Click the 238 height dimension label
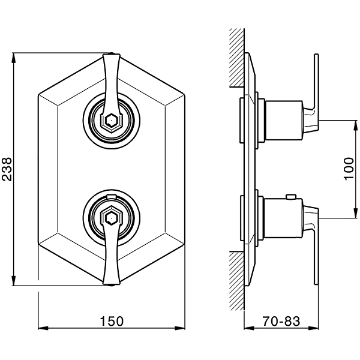7,169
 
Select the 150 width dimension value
112,321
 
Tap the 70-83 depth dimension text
281,321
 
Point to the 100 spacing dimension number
349,169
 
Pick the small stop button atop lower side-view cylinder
290,196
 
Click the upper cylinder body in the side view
283,121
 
